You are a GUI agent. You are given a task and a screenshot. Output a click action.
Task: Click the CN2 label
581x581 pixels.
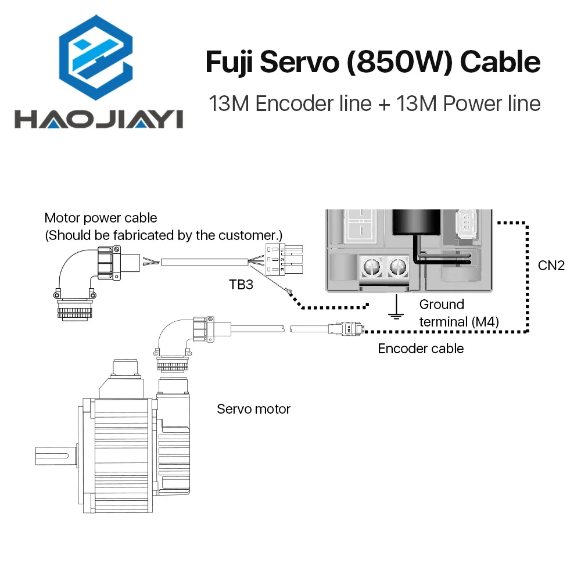(550, 266)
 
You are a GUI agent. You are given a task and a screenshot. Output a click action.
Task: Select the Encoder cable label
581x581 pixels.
(421, 349)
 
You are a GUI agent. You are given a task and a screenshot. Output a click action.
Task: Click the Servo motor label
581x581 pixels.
(253, 409)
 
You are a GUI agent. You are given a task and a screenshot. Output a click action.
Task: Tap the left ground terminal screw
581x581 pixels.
(368, 267)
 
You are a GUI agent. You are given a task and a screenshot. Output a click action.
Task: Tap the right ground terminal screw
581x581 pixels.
(397, 267)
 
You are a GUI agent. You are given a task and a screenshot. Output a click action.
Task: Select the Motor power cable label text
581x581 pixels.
(101, 218)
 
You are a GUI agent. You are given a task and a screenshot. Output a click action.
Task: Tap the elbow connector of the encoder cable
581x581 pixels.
(180, 337)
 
